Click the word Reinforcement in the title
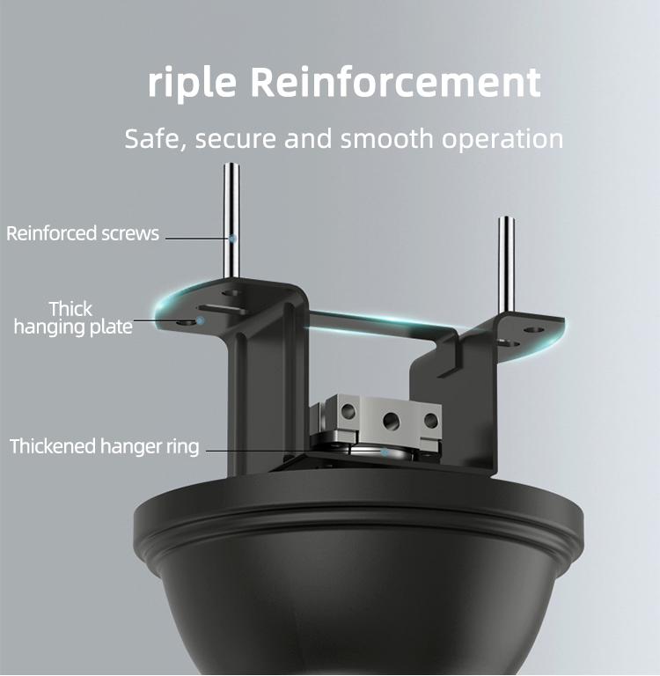(x=395, y=82)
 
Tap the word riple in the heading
(x=192, y=84)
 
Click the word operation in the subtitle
(x=502, y=140)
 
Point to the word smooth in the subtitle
(x=386, y=138)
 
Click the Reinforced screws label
(x=83, y=233)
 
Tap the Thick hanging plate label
(x=72, y=318)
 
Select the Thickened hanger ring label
(x=105, y=446)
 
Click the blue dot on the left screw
(x=233, y=239)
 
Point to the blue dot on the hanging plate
(x=200, y=320)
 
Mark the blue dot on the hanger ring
(x=384, y=452)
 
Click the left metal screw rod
(x=231, y=220)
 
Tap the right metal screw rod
(x=506, y=265)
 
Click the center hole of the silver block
(x=391, y=421)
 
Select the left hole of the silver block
(x=348, y=411)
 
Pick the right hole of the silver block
(x=430, y=421)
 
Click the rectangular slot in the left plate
(x=222, y=309)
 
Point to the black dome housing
(x=359, y=573)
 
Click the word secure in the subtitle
(x=235, y=140)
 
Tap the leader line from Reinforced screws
(x=197, y=238)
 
